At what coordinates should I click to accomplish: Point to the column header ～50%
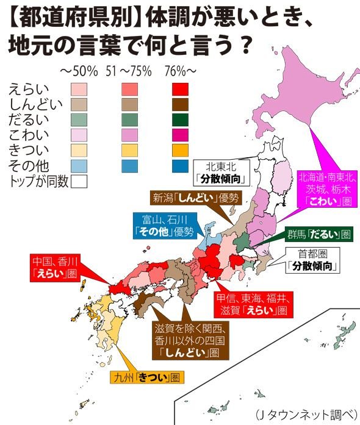coord(79,72)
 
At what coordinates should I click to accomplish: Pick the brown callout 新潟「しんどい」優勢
coord(194,198)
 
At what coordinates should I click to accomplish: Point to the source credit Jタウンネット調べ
coord(306,412)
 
